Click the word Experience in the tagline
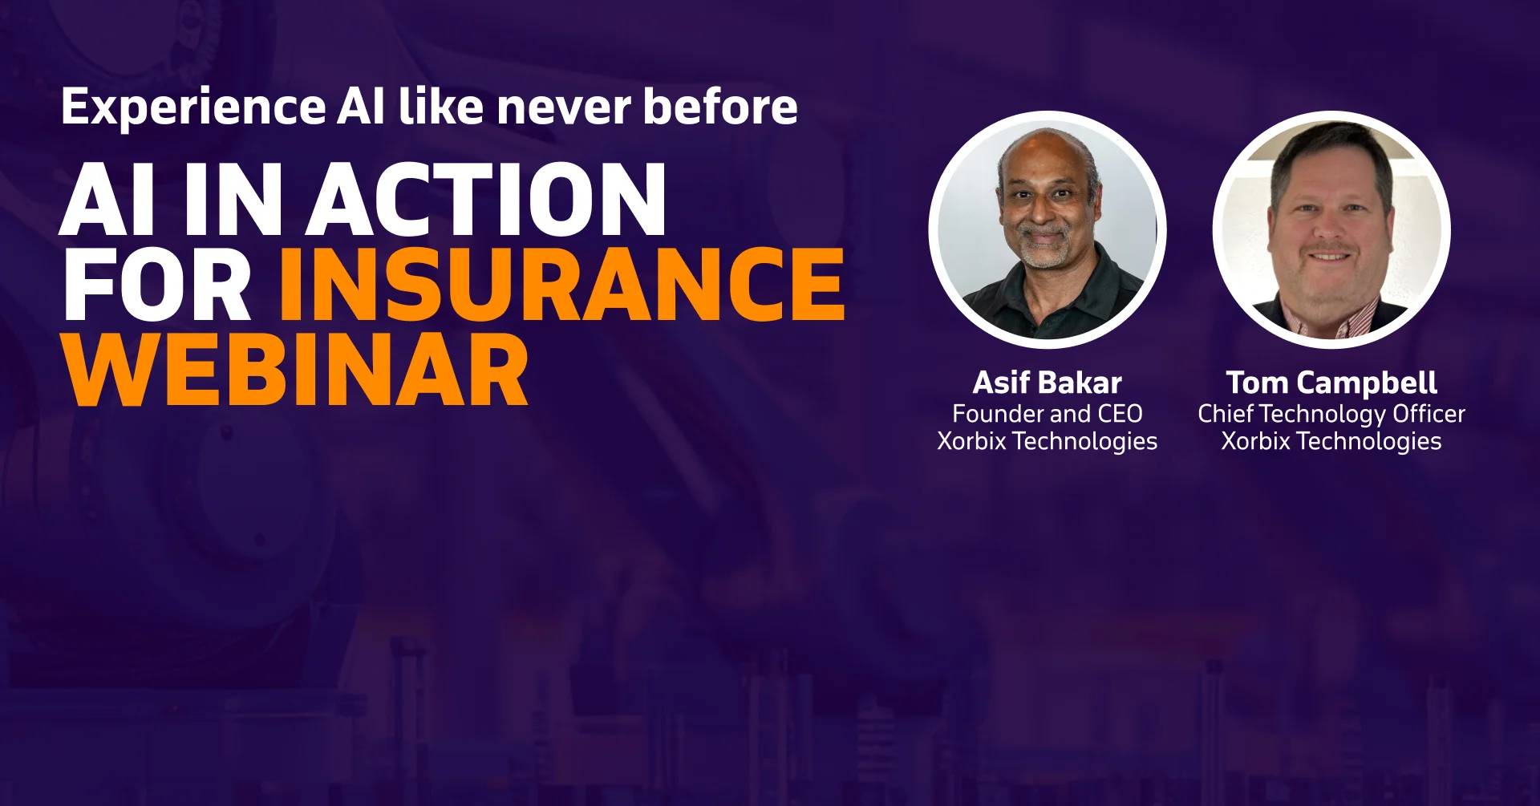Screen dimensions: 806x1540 (x=192, y=107)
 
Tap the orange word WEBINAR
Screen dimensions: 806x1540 (x=295, y=371)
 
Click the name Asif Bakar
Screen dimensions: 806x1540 (x=1047, y=383)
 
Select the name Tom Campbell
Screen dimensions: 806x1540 (x=1331, y=383)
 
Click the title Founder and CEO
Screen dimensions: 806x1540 (x=1047, y=414)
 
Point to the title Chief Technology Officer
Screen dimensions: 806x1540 (x=1331, y=414)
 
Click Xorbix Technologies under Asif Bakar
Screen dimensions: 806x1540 (x=1047, y=441)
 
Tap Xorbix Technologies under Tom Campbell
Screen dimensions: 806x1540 (x=1331, y=441)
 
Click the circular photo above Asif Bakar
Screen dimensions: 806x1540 (x=1047, y=229)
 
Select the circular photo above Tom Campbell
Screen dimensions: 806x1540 (x=1331, y=229)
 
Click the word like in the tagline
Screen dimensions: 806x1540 (x=441, y=107)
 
